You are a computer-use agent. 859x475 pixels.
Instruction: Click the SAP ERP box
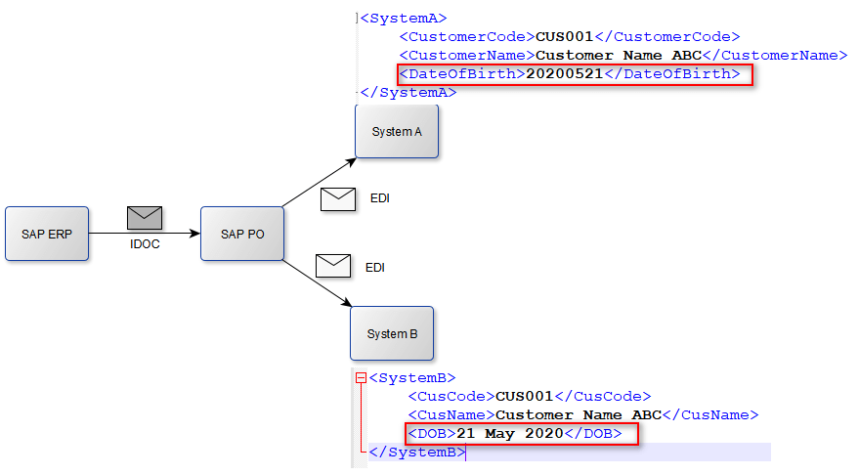point(47,234)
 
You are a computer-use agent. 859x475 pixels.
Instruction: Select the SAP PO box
point(241,234)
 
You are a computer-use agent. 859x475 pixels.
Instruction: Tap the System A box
point(397,131)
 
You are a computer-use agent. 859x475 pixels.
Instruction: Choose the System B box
point(392,333)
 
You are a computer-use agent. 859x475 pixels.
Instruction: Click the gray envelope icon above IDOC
point(144,218)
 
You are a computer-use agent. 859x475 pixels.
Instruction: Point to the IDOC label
point(144,244)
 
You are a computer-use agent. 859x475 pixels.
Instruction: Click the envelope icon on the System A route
point(338,199)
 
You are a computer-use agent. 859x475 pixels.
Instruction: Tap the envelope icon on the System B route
point(332,265)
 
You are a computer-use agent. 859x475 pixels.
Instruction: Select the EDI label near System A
point(380,198)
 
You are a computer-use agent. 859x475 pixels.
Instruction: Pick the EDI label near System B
point(375,267)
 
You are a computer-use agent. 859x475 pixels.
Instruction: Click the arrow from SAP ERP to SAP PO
point(147,234)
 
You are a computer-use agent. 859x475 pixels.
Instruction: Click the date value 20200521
point(565,73)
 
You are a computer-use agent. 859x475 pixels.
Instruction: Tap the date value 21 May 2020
point(510,433)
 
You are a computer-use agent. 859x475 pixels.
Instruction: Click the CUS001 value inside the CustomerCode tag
point(565,36)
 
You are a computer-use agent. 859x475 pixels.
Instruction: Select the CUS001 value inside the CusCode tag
point(525,396)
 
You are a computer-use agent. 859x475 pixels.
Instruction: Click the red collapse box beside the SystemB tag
point(361,377)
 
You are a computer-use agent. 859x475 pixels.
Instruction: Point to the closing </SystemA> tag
point(408,92)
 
